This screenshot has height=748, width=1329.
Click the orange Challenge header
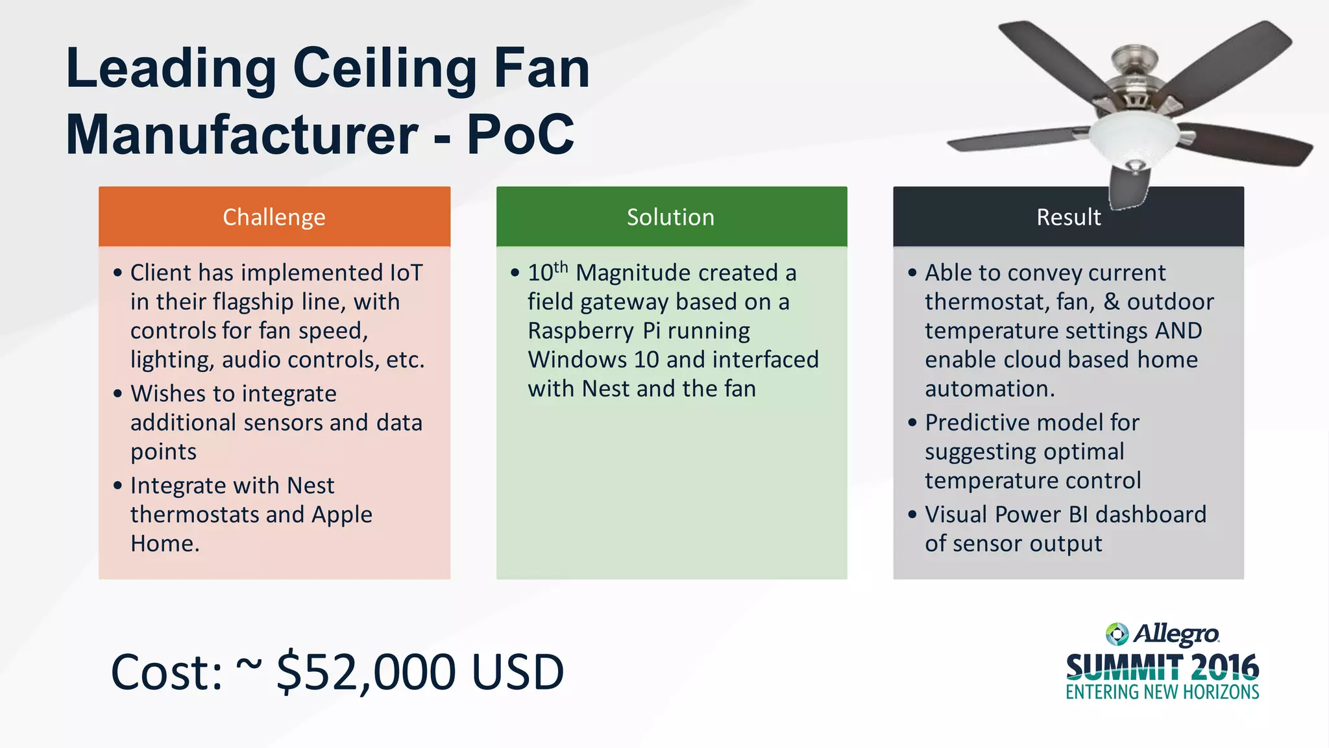274,217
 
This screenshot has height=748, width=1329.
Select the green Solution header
671,217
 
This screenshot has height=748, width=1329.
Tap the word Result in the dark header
1068,217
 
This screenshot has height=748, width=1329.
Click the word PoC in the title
520,134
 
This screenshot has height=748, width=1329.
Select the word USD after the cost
518,672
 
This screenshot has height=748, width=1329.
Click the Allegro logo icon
1117,634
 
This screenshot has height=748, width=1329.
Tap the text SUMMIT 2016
1162,668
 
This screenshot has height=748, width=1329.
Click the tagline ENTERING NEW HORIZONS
1162,692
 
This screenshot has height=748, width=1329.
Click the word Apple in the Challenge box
342,515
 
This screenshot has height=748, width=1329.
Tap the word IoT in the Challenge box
406,273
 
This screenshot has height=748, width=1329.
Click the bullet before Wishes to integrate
117,393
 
